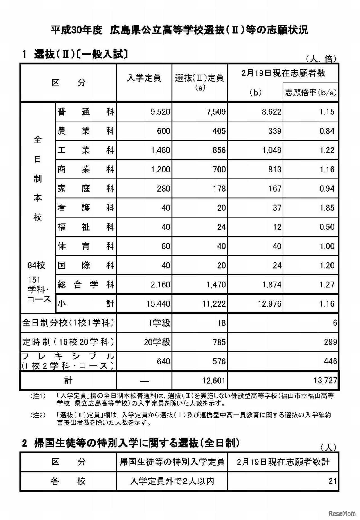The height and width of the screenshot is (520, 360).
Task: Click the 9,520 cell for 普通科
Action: pos(160,112)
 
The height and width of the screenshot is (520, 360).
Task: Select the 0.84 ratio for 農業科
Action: pos(327,131)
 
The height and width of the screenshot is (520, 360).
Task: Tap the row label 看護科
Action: pos(86,208)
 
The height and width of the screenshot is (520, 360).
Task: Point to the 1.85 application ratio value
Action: pos(327,208)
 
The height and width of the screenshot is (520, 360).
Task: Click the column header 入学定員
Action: pos(144,78)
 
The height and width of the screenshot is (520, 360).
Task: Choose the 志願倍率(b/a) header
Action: pos(311,93)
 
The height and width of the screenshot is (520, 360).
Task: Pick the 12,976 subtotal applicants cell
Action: pos(269,304)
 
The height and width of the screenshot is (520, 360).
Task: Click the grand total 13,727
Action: pos(325,381)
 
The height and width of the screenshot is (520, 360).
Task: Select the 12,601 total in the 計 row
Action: pos(214,381)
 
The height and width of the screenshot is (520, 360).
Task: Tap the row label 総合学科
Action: pos(86,285)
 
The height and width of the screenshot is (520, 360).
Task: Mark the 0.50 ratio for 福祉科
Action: pos(327,227)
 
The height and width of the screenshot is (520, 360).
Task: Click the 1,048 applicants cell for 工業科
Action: pos(272,150)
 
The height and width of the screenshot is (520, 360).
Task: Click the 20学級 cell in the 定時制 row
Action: pos(157,342)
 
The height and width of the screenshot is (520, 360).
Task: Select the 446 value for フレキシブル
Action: pos(330,361)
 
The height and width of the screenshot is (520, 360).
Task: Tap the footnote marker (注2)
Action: pos(38,415)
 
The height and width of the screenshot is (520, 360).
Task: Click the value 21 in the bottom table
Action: pos(332,481)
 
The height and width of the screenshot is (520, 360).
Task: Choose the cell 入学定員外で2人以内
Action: pos(172,481)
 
